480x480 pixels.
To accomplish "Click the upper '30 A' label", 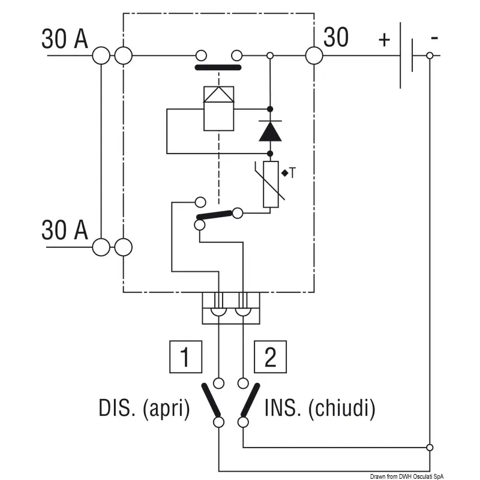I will [x=65, y=39].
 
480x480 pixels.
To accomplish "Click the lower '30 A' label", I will [x=65, y=230].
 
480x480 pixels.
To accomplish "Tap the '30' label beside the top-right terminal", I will [x=336, y=38].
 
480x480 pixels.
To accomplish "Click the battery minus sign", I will [x=434, y=38].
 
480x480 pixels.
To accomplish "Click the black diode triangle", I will [x=270, y=131].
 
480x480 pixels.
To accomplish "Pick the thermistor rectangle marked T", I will [x=271, y=184].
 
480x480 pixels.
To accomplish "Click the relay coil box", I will [x=219, y=108].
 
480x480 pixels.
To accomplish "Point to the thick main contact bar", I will [x=218, y=68].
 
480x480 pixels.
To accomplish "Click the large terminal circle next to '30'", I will [x=314, y=56].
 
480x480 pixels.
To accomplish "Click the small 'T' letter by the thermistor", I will [x=292, y=173].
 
